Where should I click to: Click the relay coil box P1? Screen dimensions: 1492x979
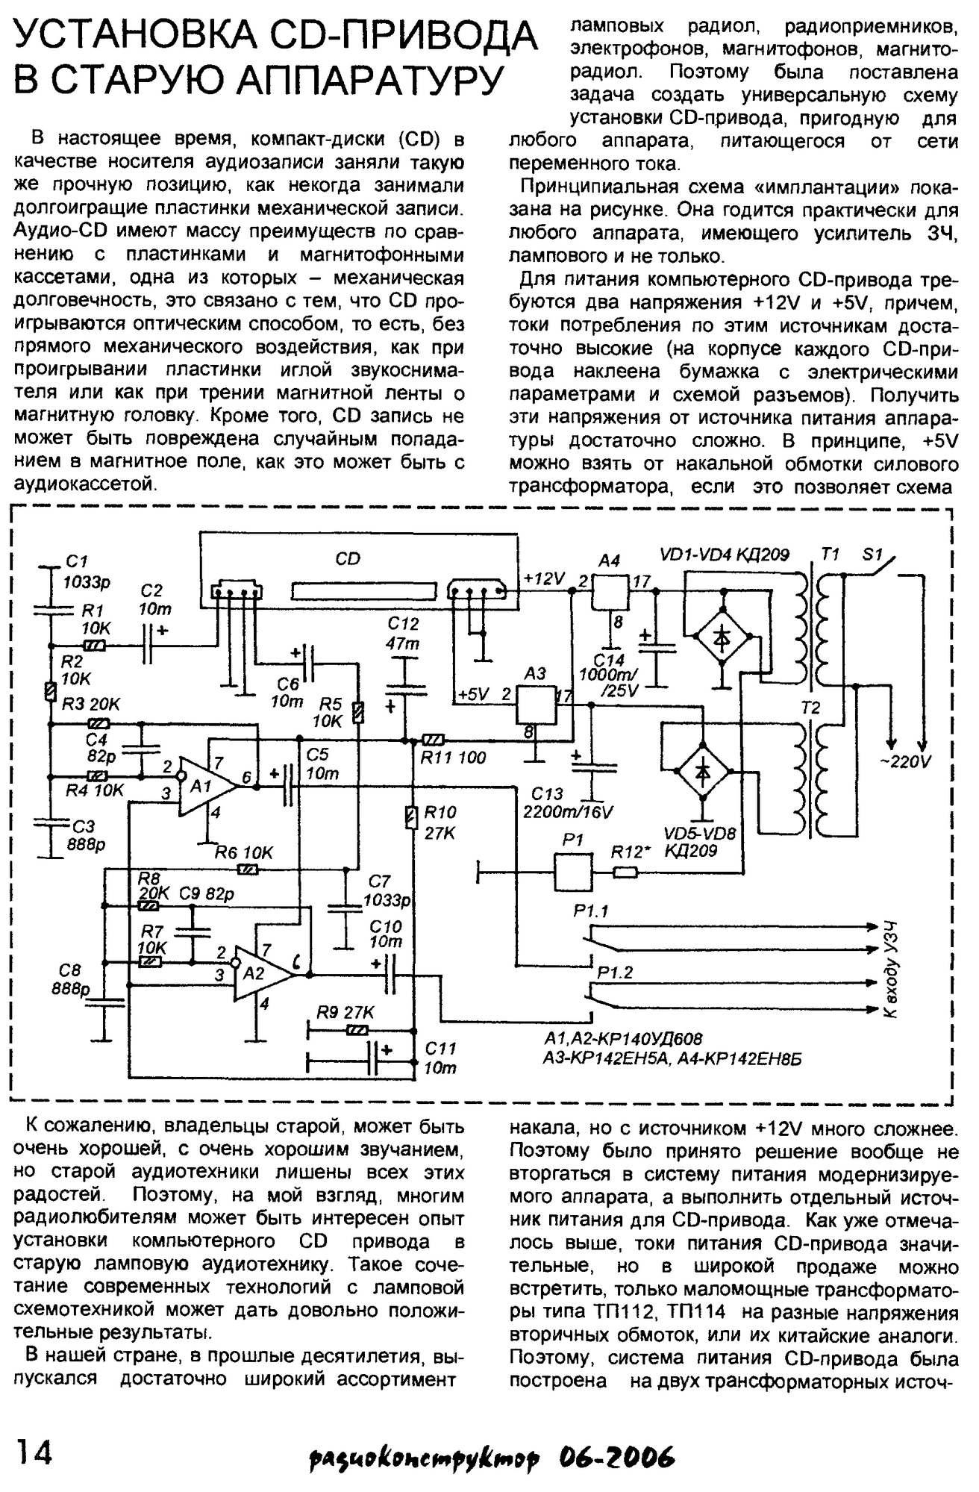pos(573,871)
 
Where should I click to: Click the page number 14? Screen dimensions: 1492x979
pos(34,1454)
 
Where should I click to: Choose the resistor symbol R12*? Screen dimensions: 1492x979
pos(625,872)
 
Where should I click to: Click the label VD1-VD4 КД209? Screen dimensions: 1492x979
pos(725,555)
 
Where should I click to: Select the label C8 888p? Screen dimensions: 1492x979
pos(70,979)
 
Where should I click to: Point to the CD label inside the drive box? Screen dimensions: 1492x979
pos(348,558)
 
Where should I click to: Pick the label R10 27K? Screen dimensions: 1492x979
pos(440,823)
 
